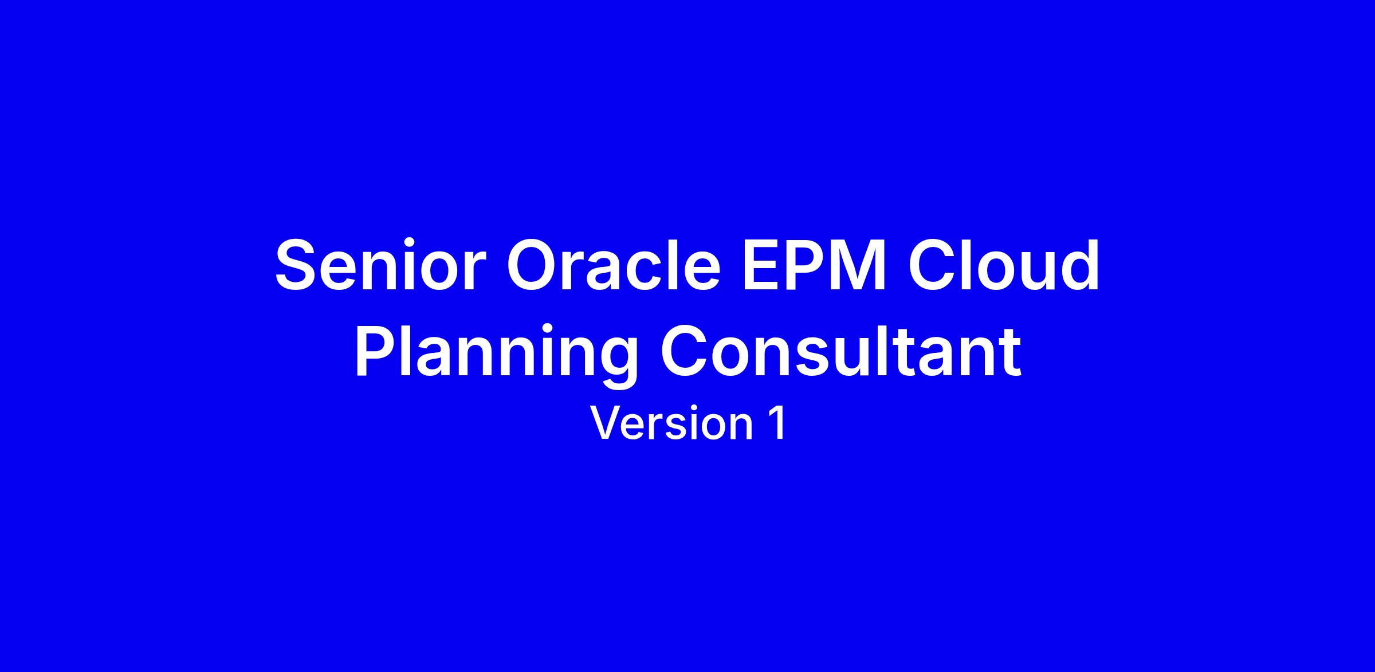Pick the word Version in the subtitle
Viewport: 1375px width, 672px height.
click(671, 423)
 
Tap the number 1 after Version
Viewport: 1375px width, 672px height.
click(777, 423)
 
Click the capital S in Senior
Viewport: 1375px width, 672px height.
click(298, 265)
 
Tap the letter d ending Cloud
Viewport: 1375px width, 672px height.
click(1079, 265)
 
